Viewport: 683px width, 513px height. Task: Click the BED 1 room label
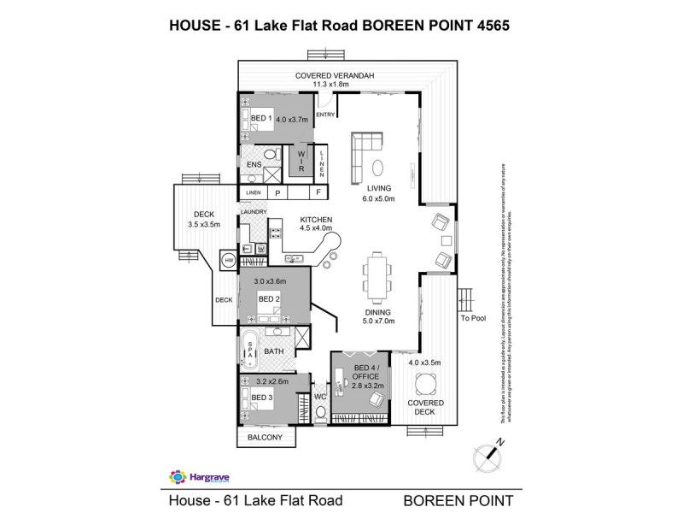click(x=260, y=118)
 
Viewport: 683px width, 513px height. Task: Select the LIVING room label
click(x=379, y=188)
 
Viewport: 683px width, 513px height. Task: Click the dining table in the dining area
click(x=376, y=274)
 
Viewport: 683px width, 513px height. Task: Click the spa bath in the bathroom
click(x=250, y=351)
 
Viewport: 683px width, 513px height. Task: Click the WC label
click(x=320, y=397)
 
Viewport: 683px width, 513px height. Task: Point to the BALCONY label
click(x=266, y=438)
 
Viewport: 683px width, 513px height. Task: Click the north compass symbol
click(x=487, y=454)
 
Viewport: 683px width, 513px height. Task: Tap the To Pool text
click(x=472, y=319)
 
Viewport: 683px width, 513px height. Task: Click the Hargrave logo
click(x=191, y=476)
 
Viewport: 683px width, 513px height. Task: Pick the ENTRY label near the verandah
click(x=325, y=114)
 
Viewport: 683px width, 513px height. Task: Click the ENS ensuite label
click(x=253, y=164)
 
